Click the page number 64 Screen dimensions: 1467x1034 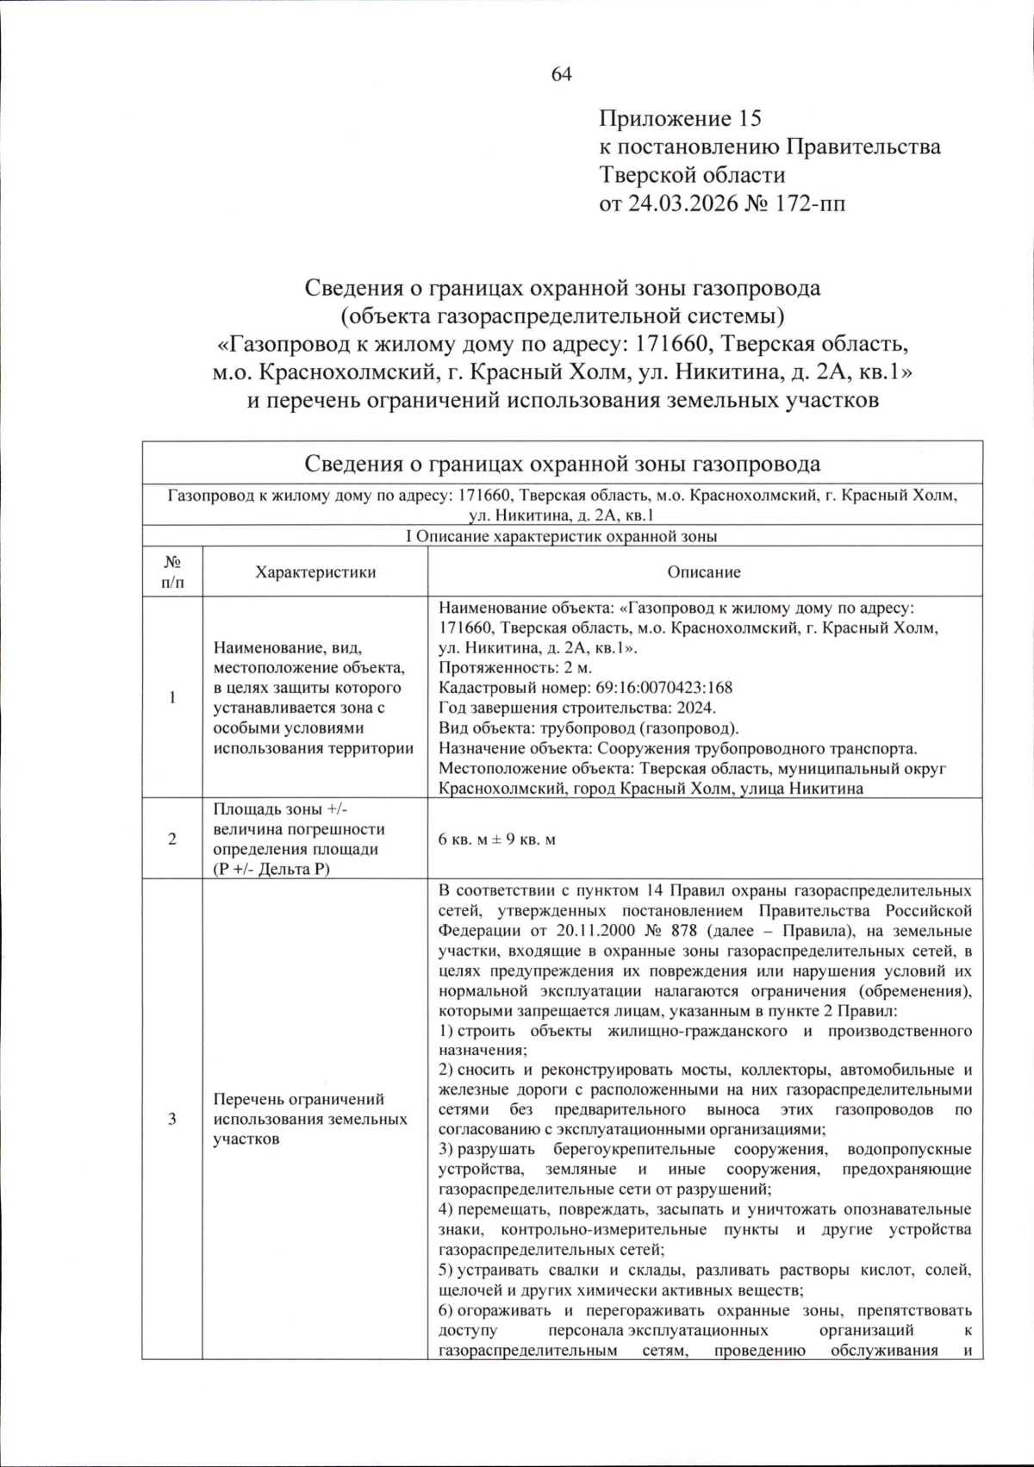point(562,75)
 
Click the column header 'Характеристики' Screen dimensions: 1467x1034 point(315,572)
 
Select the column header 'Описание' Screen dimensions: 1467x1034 point(704,572)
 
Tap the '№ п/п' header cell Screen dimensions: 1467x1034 point(172,572)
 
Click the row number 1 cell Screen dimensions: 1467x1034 point(172,697)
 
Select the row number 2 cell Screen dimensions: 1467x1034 point(172,839)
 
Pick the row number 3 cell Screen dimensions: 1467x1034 point(172,1119)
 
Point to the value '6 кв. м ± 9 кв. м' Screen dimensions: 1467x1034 point(497,839)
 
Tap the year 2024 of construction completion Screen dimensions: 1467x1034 point(696,708)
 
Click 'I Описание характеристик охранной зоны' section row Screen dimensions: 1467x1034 point(562,536)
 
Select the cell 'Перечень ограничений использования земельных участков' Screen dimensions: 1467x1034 point(310,1119)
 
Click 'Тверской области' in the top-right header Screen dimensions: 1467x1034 point(692,175)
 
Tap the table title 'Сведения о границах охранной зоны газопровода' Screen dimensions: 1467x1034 point(562,464)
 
